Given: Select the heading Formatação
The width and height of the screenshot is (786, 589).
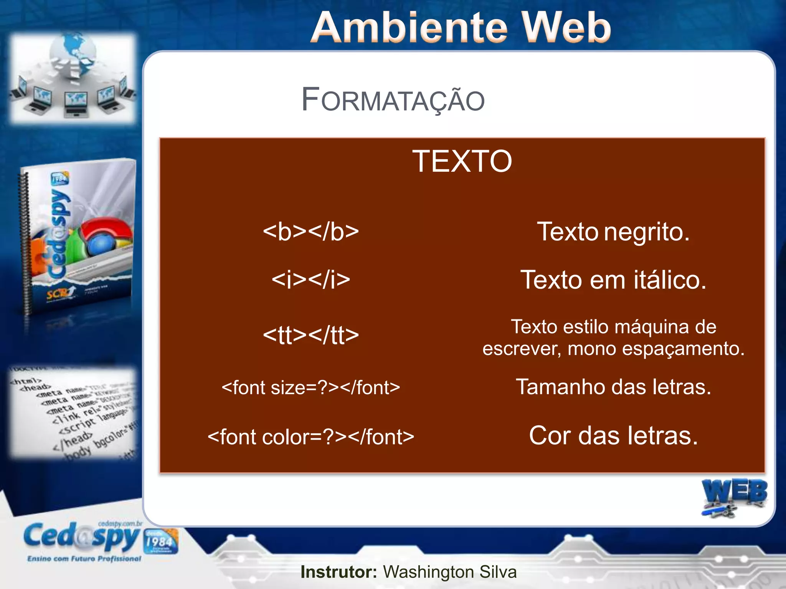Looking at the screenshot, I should [x=393, y=100].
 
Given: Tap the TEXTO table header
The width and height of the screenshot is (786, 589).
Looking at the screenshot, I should [x=462, y=161].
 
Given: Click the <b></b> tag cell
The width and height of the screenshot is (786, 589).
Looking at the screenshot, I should [x=311, y=232].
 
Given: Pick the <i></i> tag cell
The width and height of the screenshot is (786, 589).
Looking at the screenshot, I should [x=311, y=280].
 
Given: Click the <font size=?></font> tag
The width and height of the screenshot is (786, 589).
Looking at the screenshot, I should [x=311, y=388].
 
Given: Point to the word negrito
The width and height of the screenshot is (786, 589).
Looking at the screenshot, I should [x=647, y=232].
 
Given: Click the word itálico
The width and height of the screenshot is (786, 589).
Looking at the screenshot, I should [x=670, y=280].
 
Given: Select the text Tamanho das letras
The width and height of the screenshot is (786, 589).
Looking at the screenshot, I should [x=613, y=387].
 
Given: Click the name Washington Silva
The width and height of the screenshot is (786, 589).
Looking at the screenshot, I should [x=450, y=572].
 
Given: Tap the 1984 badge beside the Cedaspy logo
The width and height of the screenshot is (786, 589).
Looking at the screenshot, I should [x=161, y=541].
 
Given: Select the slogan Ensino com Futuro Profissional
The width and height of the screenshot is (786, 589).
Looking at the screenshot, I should [x=84, y=559].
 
